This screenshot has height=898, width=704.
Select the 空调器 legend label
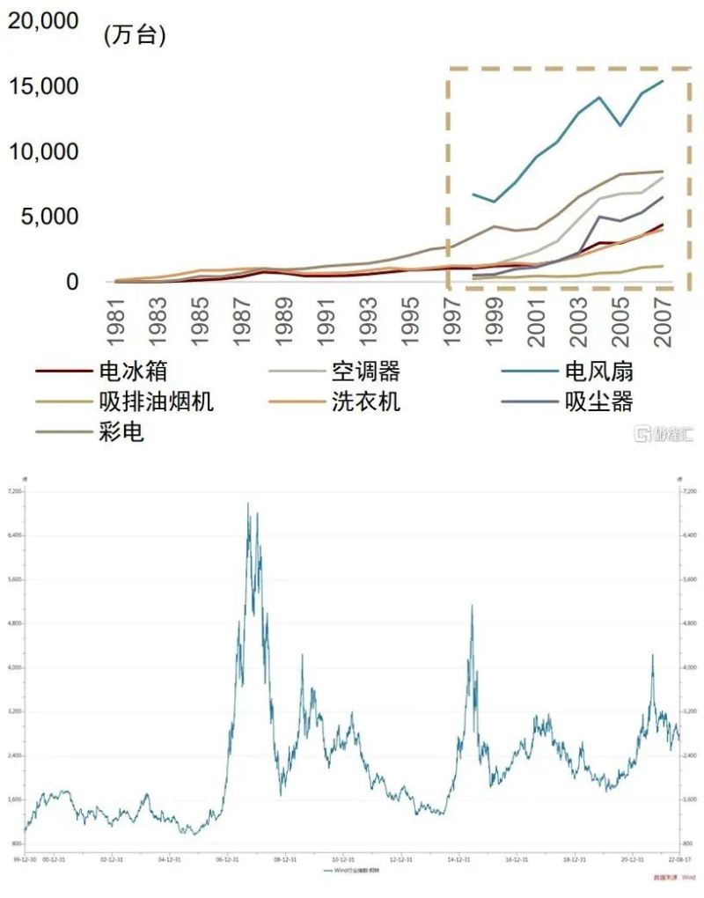click(365, 372)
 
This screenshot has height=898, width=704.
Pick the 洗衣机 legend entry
click(365, 402)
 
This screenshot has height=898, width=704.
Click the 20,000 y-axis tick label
click(43, 21)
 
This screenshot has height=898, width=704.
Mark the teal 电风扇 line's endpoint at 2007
click(663, 81)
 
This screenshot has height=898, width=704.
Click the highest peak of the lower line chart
click(248, 504)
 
